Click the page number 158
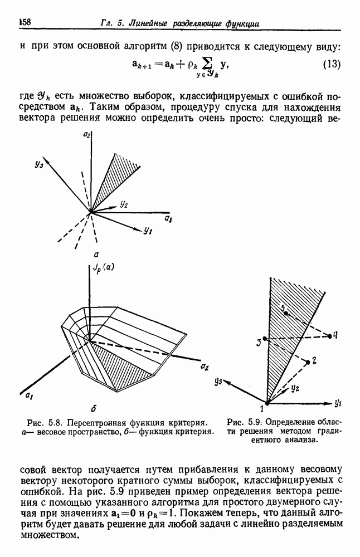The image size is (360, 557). tap(25, 22)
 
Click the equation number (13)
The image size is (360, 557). tap(331, 64)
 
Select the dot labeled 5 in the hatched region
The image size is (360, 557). tap(286, 314)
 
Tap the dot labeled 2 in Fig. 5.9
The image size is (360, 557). tap(308, 362)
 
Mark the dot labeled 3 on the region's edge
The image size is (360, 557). tap(265, 339)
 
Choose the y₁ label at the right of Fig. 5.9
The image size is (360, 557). tap(338, 402)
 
